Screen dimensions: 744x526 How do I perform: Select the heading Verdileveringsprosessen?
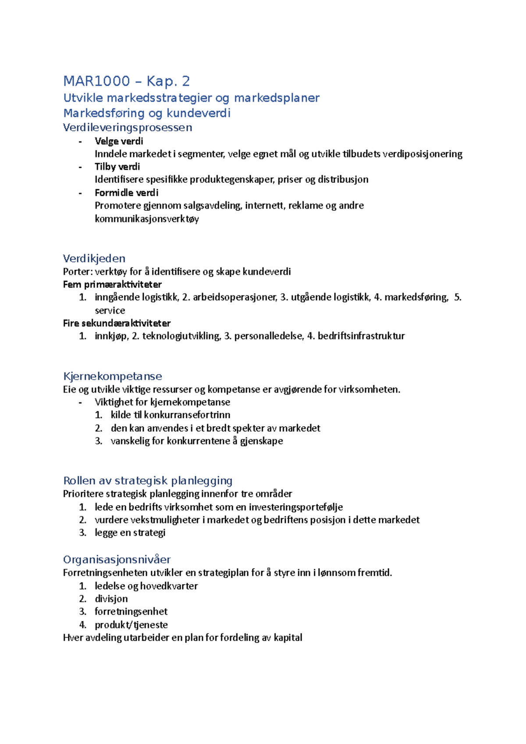128,128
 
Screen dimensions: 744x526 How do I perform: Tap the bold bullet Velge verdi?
119,141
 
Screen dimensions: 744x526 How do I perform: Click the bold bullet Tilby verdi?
117,167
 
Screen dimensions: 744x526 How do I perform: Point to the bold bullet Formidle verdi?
126,193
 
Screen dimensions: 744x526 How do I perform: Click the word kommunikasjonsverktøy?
146,219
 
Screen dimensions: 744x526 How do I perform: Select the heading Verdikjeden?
94,258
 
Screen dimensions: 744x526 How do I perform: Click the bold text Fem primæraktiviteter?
112,284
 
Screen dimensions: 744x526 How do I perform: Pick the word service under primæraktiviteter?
110,310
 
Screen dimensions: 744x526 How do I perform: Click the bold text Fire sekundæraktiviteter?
117,323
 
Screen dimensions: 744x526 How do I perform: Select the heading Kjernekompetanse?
113,376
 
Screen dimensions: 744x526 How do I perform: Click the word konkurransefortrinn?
187,415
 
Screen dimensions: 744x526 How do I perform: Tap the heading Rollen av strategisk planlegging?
148,481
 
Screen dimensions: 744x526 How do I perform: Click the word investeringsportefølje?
295,507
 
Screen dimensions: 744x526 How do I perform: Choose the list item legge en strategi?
130,533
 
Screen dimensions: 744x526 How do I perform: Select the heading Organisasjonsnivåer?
117,560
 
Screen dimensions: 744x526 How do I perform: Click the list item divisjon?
111,599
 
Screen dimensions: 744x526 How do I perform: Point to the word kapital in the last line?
288,638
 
